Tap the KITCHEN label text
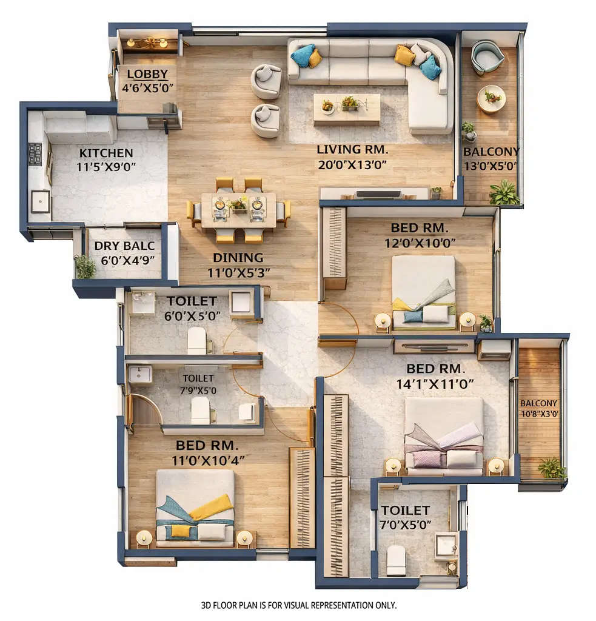tap(105, 153)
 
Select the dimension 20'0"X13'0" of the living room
tap(352, 164)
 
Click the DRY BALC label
tap(124, 246)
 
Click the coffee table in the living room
tap(346, 108)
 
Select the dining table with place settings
tap(238, 209)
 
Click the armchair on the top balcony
tap(487, 57)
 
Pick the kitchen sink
tap(40, 201)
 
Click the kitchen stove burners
tap(35, 153)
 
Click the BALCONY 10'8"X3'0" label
tap(538, 408)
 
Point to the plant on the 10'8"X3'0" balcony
tap(551, 468)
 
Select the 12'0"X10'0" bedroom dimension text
tap(419, 243)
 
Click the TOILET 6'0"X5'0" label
tap(192, 301)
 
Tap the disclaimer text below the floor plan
tap(298, 605)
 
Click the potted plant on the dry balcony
tap(85, 266)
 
